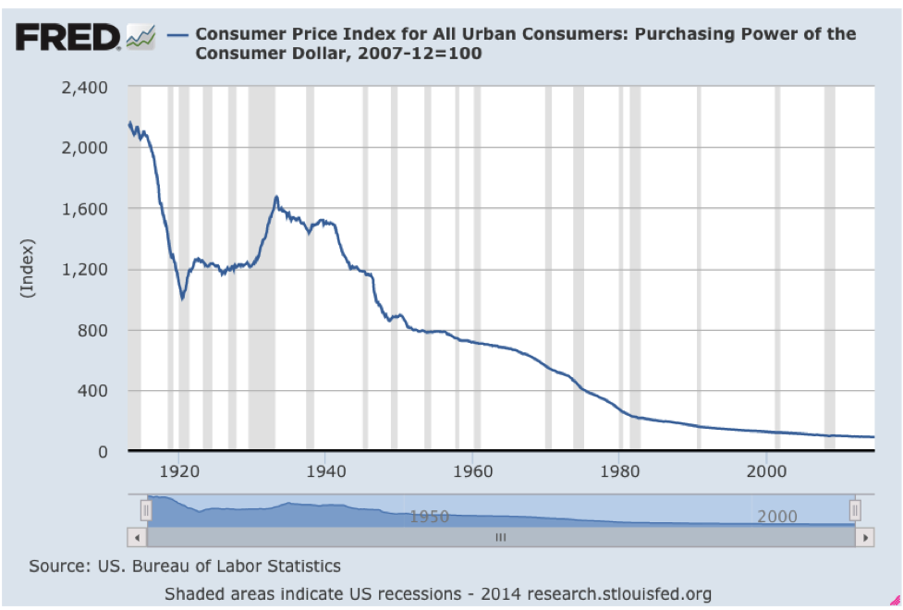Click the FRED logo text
(67, 37)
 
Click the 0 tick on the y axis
(104, 452)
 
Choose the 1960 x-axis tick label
(472, 470)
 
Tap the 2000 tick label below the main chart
(765, 470)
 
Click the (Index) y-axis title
(27, 268)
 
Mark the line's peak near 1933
(276, 197)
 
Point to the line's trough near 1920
(183, 299)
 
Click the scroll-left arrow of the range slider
(137, 536)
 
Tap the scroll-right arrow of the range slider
(865, 536)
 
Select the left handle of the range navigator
(145, 510)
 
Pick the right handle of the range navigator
(855, 510)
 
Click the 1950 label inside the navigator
(430, 516)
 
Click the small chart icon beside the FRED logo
(140, 37)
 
